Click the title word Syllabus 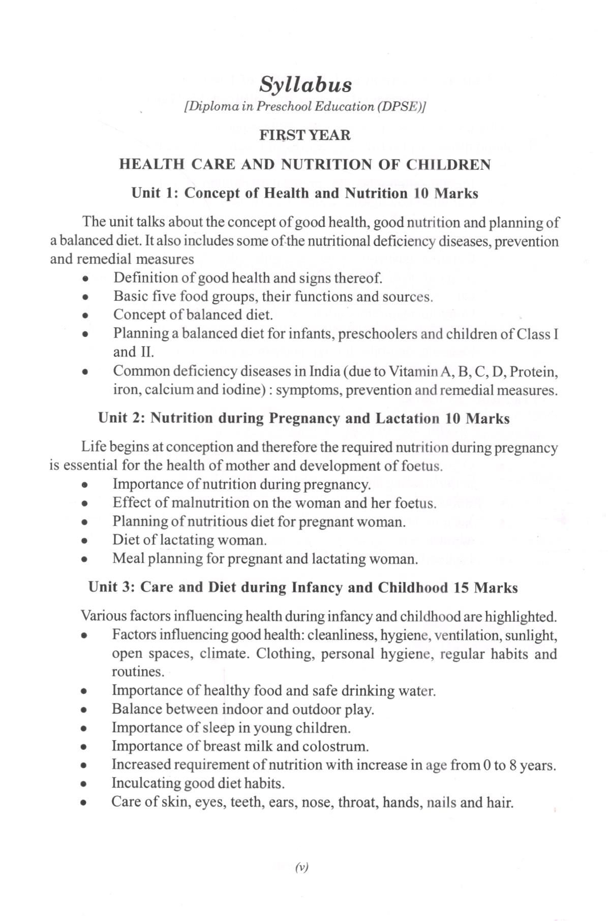click(305, 85)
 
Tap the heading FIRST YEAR click(305, 135)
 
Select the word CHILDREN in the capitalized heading click(447, 165)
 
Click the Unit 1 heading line click(305, 193)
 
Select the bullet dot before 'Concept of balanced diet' click(87, 316)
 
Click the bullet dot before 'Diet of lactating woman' click(86, 541)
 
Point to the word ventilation click(465, 635)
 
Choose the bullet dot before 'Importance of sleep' click(86, 729)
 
